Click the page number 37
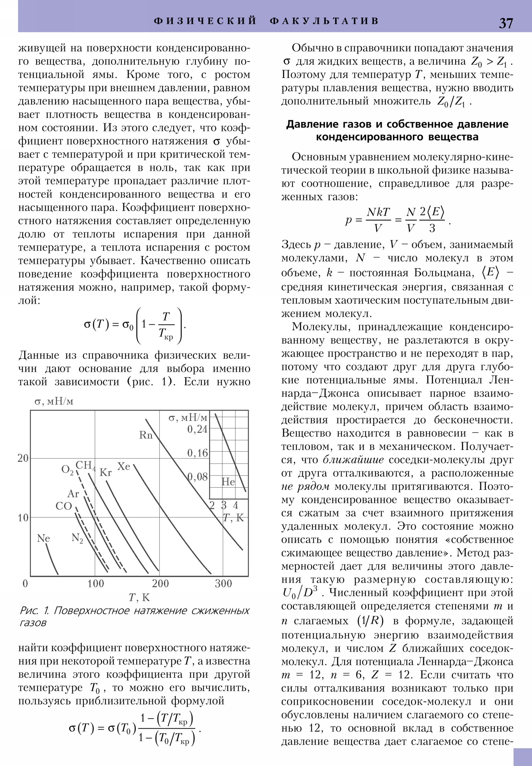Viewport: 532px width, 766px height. [x=505, y=23]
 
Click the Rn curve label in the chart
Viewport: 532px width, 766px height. [x=146, y=435]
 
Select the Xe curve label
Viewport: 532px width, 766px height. [x=124, y=466]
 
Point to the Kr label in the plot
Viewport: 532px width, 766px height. [x=106, y=473]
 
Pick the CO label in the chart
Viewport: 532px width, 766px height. [x=63, y=506]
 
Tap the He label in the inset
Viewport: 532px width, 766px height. [x=228, y=482]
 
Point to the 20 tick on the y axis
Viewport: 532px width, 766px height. [x=23, y=458]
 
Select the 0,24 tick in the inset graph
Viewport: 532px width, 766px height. [x=197, y=429]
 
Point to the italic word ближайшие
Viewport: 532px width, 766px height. [x=353, y=460]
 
